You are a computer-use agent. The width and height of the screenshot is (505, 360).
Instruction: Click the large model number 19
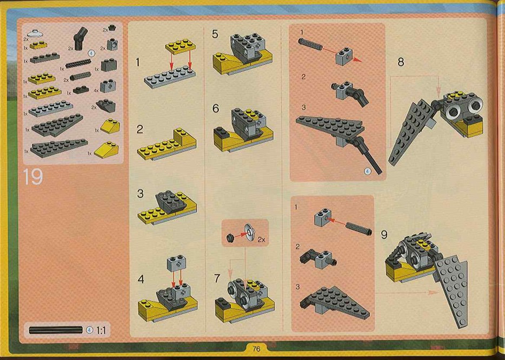33,177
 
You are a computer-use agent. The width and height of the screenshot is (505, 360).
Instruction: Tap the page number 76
256,349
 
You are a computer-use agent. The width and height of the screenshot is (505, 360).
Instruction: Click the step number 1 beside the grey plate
138,62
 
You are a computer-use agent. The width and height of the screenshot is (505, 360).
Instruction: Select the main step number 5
215,34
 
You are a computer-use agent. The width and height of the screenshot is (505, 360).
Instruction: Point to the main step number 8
401,62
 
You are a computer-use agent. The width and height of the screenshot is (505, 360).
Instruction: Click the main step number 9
384,235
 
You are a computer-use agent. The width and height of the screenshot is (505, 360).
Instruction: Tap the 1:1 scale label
101,330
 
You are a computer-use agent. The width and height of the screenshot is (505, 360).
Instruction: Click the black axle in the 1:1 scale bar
56,330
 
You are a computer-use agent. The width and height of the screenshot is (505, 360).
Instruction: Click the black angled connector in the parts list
80,38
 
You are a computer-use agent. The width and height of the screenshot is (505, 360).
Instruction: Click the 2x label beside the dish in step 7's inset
261,239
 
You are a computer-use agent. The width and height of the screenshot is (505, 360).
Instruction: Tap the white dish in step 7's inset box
249,232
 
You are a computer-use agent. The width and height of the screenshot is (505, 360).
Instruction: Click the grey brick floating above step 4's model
176,263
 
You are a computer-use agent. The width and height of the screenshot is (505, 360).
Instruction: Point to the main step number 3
140,194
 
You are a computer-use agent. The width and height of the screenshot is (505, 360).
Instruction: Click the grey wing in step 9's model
451,289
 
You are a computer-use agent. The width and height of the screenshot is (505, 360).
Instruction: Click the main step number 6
215,109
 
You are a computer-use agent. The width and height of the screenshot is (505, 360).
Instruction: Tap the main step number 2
139,129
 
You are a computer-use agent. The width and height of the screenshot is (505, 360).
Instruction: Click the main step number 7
217,278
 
